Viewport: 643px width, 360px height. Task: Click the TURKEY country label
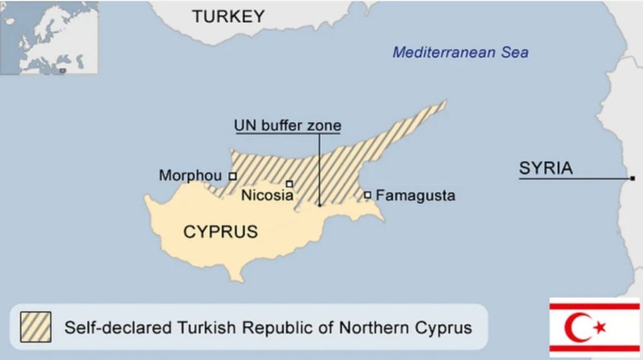tap(228, 17)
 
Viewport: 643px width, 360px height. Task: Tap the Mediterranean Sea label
tap(460, 53)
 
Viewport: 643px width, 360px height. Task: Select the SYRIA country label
tap(545, 169)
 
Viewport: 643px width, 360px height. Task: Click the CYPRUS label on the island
tap(221, 232)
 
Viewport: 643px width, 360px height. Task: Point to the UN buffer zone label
tap(287, 125)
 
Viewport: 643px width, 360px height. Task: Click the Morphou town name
tap(190, 175)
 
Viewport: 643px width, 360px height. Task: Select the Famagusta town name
tap(415, 195)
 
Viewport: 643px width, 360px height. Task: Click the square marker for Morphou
tap(233, 175)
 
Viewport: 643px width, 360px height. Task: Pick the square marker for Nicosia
tap(289, 184)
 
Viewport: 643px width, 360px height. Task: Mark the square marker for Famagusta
tap(367, 195)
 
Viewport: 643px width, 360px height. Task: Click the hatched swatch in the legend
tap(36, 327)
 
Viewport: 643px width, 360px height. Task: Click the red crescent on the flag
tap(577, 327)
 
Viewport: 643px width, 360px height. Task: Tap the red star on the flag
tap(600, 328)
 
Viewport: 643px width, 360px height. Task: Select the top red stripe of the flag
tap(594, 307)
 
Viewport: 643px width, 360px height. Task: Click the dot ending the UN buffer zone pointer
tap(320, 205)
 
